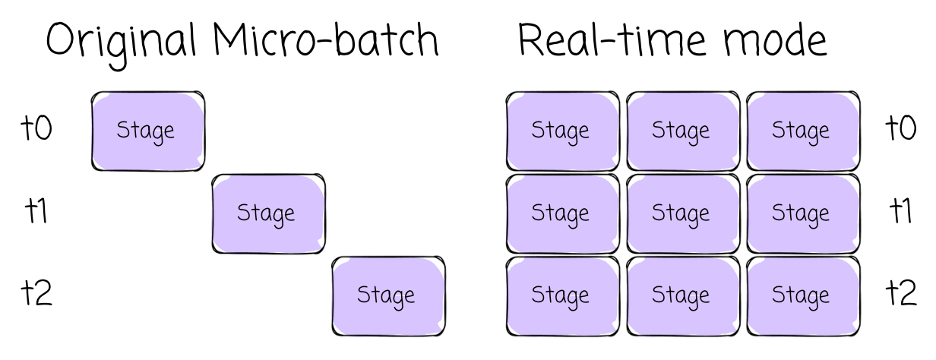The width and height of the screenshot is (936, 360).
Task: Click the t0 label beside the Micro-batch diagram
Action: click(36, 129)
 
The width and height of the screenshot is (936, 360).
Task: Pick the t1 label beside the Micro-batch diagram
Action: click(35, 212)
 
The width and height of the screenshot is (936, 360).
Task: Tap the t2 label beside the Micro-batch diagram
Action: click(36, 294)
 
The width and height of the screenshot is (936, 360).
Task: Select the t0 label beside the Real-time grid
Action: click(901, 129)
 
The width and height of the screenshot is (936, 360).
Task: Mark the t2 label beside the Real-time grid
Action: click(901, 294)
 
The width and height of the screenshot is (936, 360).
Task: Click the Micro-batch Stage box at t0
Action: click(147, 131)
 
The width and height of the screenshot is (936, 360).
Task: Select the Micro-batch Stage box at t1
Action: click(268, 213)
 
